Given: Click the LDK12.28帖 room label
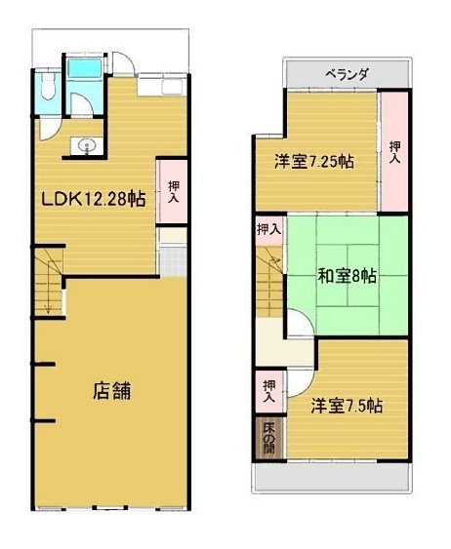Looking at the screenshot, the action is (93, 199).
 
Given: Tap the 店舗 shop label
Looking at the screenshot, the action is (112, 391).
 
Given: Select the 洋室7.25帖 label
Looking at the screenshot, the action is (314, 162).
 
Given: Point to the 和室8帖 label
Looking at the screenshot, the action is (348, 276).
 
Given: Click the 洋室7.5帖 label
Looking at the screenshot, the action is (347, 406).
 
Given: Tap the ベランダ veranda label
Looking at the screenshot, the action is (348, 74).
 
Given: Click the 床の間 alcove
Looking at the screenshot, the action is (268, 439).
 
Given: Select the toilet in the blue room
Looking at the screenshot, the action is (47, 86).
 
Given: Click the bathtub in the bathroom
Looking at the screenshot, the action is (84, 68).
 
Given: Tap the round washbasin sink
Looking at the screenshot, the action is (86, 145).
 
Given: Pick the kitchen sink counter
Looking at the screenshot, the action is (161, 85).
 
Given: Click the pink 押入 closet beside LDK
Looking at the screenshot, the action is (172, 191).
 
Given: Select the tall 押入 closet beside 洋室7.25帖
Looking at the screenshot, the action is (394, 151).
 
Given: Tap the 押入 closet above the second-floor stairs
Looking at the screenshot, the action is (269, 230).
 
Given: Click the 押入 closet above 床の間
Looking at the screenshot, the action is (269, 391).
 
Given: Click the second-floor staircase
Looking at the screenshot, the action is (269, 281).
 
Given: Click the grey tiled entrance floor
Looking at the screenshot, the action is (173, 261).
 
